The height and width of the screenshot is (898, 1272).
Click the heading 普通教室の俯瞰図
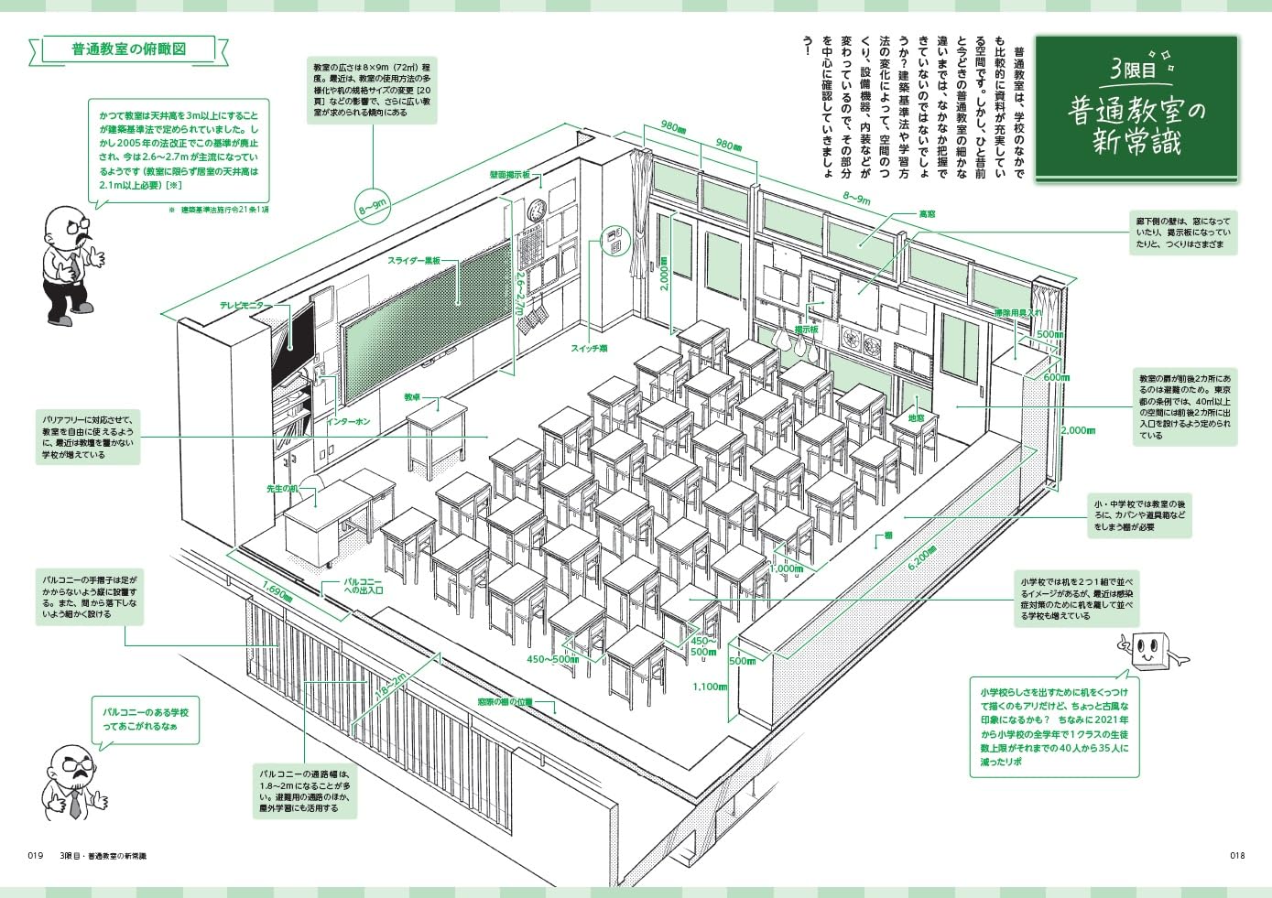tap(128, 49)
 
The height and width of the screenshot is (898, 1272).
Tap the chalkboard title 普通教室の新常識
tap(1136, 125)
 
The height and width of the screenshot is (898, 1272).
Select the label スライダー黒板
tap(413, 261)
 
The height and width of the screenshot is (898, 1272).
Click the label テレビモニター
tap(241, 306)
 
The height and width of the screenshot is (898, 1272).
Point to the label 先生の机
tap(282, 489)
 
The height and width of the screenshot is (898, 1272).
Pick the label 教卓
tap(412, 398)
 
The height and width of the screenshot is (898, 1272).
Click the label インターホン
tap(349, 422)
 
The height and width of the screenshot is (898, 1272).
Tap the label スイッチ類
tap(589, 349)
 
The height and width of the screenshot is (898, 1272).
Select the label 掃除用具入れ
tap(1018, 313)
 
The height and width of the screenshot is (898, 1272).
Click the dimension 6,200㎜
tap(921, 558)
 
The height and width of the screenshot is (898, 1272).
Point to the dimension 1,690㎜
tap(277, 591)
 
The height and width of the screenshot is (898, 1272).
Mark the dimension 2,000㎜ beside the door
tap(664, 273)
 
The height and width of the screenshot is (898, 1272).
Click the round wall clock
tap(536, 210)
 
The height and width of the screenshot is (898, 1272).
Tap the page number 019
tap(36, 856)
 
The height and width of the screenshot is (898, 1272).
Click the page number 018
tap(1236, 856)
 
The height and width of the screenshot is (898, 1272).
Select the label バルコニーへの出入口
tap(364, 586)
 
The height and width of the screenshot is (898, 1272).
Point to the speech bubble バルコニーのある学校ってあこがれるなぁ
tap(146, 719)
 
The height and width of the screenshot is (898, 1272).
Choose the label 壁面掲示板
tap(509, 174)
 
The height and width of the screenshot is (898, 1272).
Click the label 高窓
tap(927, 214)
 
